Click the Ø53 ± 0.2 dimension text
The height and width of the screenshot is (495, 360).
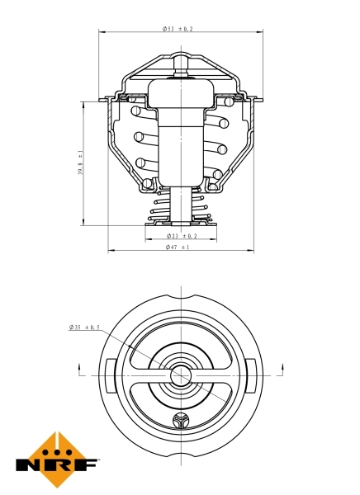(178, 28)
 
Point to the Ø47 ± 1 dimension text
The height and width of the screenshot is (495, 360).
(178, 247)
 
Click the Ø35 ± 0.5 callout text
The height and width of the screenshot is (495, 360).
(84, 328)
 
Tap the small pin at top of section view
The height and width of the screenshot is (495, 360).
(180, 65)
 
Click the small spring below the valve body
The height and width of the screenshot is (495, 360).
(180, 206)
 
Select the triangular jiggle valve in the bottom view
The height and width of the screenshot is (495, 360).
(181, 423)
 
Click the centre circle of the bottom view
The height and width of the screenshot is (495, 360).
(180, 376)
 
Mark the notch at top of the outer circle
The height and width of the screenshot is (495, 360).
(180, 298)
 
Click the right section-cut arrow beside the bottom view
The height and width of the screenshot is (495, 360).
(282, 368)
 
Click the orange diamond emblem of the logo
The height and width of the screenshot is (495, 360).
(56, 453)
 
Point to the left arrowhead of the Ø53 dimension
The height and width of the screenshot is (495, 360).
(102, 32)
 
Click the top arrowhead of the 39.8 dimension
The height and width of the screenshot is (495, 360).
(83, 100)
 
